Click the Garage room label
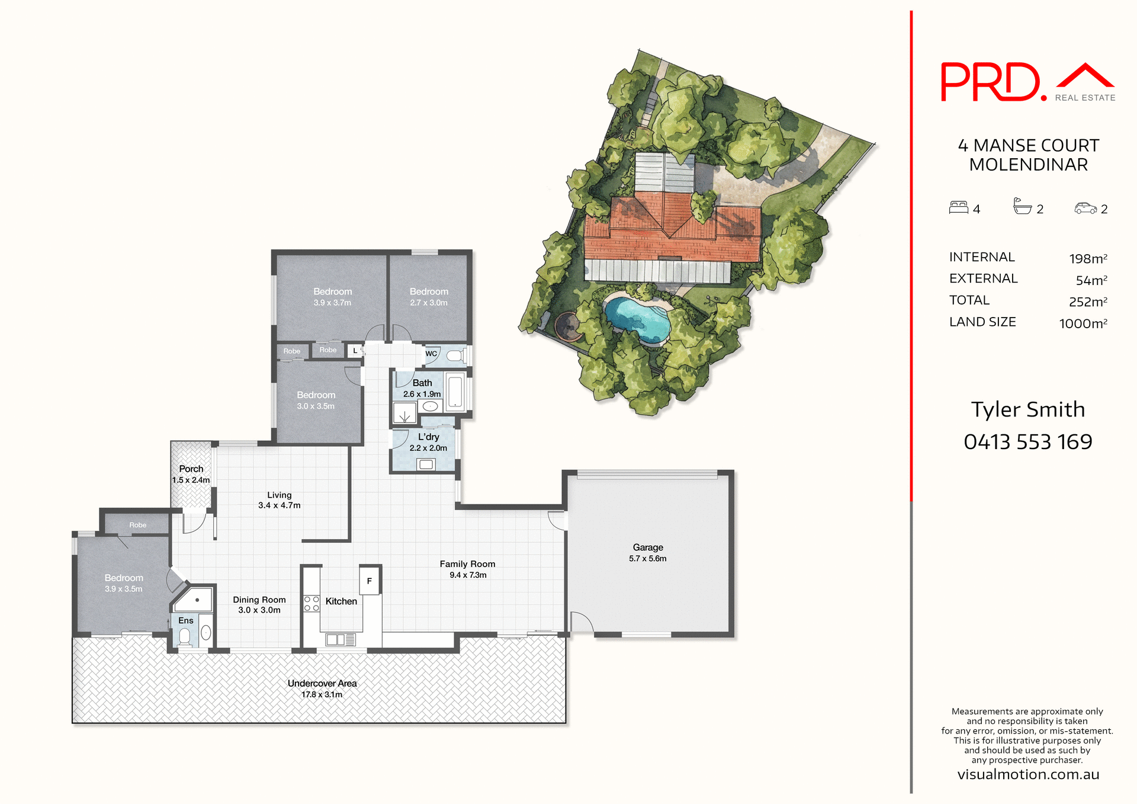point(647,547)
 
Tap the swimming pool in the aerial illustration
point(637,320)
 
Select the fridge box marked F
point(370,581)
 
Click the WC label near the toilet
point(431,354)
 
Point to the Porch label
point(191,469)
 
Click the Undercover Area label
point(322,683)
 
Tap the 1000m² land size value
point(1083,323)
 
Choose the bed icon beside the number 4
point(958,207)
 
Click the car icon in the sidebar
point(1085,208)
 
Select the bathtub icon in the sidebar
point(1022,206)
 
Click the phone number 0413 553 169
point(1027,441)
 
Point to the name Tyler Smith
point(1027,409)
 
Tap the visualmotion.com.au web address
point(1028,774)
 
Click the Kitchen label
point(341,601)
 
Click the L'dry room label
point(428,437)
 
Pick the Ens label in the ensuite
point(186,620)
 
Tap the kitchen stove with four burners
point(311,604)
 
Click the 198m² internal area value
point(1087,258)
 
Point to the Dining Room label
point(259,600)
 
